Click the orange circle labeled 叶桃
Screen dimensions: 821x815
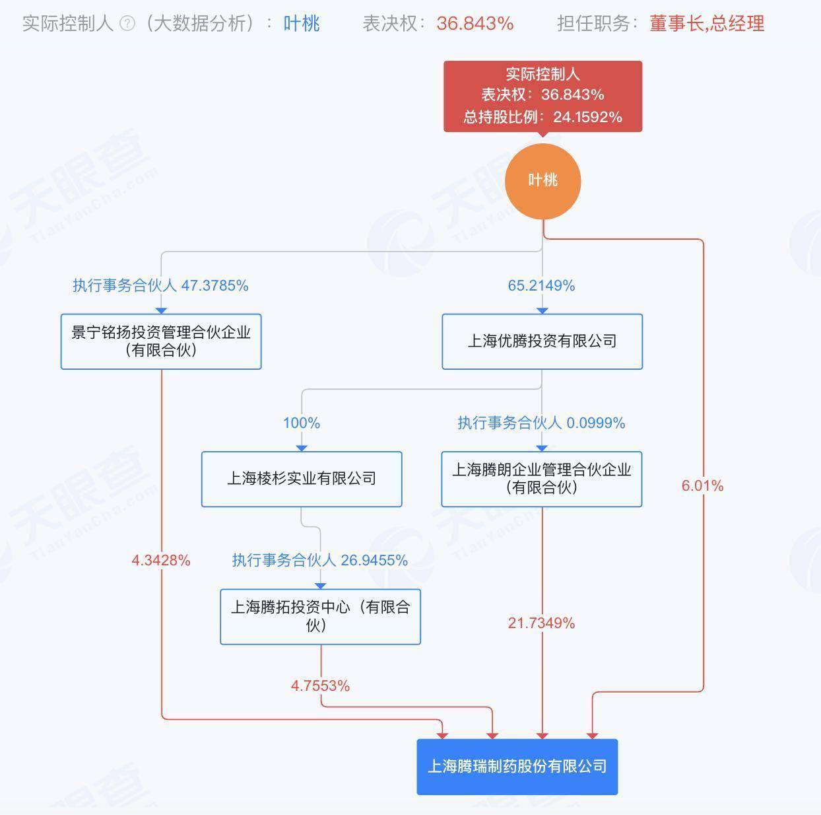point(542,181)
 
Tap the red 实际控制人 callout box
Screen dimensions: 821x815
point(542,96)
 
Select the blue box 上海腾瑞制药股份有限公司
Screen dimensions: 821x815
point(517,766)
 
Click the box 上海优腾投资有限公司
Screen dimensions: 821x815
point(542,341)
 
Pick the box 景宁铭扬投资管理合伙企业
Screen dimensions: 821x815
point(161,341)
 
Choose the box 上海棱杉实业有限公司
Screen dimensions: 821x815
point(302,479)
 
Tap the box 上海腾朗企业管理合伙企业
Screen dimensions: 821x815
point(542,479)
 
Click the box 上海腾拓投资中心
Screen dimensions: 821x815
point(320,617)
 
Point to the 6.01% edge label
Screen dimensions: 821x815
point(703,485)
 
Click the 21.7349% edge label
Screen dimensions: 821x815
point(542,623)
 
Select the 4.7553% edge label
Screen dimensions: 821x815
point(320,686)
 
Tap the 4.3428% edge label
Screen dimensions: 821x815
point(161,560)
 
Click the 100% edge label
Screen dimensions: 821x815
point(302,423)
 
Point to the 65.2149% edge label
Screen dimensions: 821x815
point(542,285)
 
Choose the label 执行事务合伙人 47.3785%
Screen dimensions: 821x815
point(160,285)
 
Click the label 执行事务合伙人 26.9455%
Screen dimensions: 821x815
point(320,560)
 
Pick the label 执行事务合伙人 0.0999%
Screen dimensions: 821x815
point(542,423)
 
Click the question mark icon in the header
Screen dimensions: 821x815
point(127,24)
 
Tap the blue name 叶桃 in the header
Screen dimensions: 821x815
point(302,24)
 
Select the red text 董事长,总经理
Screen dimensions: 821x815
point(707,24)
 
